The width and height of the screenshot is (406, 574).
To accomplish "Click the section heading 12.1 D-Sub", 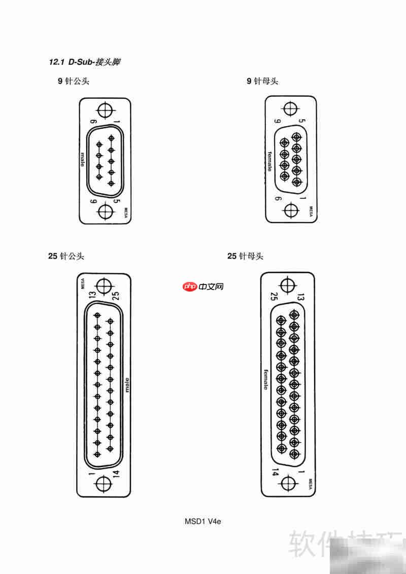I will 84,62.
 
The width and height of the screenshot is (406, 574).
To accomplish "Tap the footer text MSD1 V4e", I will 203,521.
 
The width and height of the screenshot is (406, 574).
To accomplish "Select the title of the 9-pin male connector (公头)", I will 73,81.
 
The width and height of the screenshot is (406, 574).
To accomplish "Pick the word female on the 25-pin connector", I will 265,380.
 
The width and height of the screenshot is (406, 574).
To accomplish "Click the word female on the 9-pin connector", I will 269,161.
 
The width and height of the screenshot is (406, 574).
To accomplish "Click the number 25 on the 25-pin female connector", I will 274,296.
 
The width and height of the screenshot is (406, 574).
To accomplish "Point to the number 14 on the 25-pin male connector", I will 116,474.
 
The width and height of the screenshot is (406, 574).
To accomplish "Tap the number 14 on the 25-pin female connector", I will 275,472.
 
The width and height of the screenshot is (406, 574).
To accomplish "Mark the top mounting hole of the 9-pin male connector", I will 106,110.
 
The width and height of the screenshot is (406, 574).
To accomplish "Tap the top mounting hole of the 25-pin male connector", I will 104,285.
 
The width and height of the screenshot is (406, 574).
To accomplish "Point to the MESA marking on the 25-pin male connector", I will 82,283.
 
